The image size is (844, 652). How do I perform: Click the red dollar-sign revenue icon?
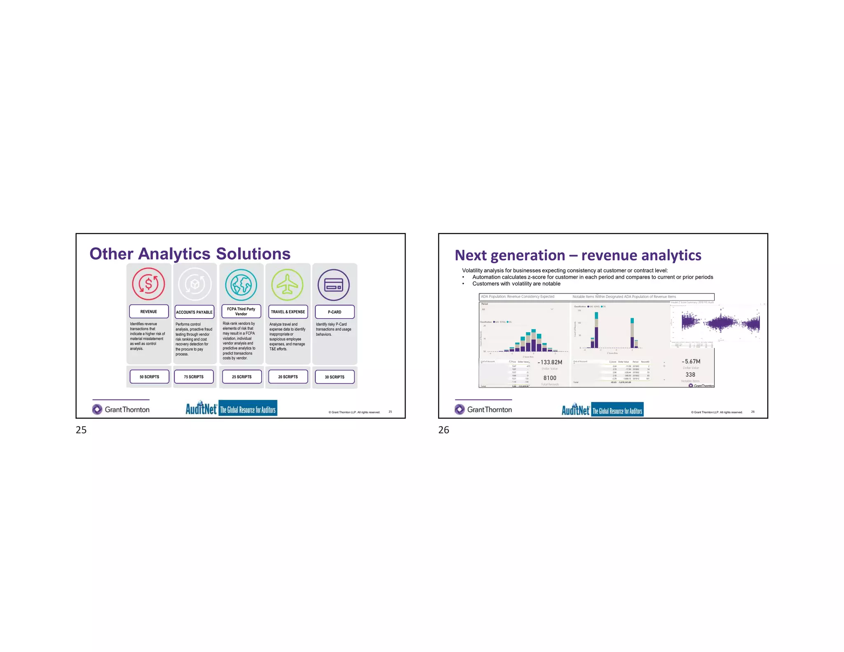[x=148, y=284]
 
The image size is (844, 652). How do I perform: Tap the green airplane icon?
[x=287, y=284]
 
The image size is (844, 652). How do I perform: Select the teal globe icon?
[x=241, y=284]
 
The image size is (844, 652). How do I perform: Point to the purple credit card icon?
[x=333, y=285]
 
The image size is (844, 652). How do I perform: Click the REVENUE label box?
[x=149, y=312]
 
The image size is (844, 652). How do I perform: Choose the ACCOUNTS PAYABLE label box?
[x=195, y=312]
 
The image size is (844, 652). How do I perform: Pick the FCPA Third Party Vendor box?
[x=241, y=312]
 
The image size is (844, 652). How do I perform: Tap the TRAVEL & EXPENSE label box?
[x=288, y=312]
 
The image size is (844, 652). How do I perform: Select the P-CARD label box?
[x=335, y=312]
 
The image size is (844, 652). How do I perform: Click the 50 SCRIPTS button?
[x=149, y=377]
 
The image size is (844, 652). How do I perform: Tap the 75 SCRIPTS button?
[x=194, y=377]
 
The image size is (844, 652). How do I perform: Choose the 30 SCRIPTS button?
[x=335, y=377]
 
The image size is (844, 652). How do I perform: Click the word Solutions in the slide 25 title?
[x=253, y=254]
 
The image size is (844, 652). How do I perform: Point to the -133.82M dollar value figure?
[x=550, y=362]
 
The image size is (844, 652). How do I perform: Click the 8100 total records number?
[x=550, y=378]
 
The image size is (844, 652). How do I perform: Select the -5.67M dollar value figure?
[x=691, y=361]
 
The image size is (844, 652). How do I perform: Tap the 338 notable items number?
[x=690, y=375]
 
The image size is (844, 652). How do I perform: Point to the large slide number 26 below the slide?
[x=443, y=430]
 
